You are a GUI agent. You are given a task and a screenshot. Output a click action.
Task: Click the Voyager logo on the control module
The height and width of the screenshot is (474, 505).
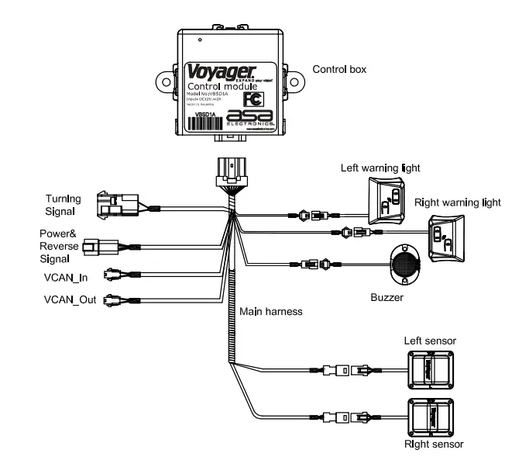coord(211,71)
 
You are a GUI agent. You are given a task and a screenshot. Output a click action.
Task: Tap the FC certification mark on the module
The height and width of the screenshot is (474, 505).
coord(252,99)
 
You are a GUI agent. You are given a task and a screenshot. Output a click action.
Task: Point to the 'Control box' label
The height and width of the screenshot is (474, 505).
coord(339,69)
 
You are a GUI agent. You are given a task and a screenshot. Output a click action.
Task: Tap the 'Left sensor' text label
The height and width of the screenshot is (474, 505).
coord(430,341)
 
